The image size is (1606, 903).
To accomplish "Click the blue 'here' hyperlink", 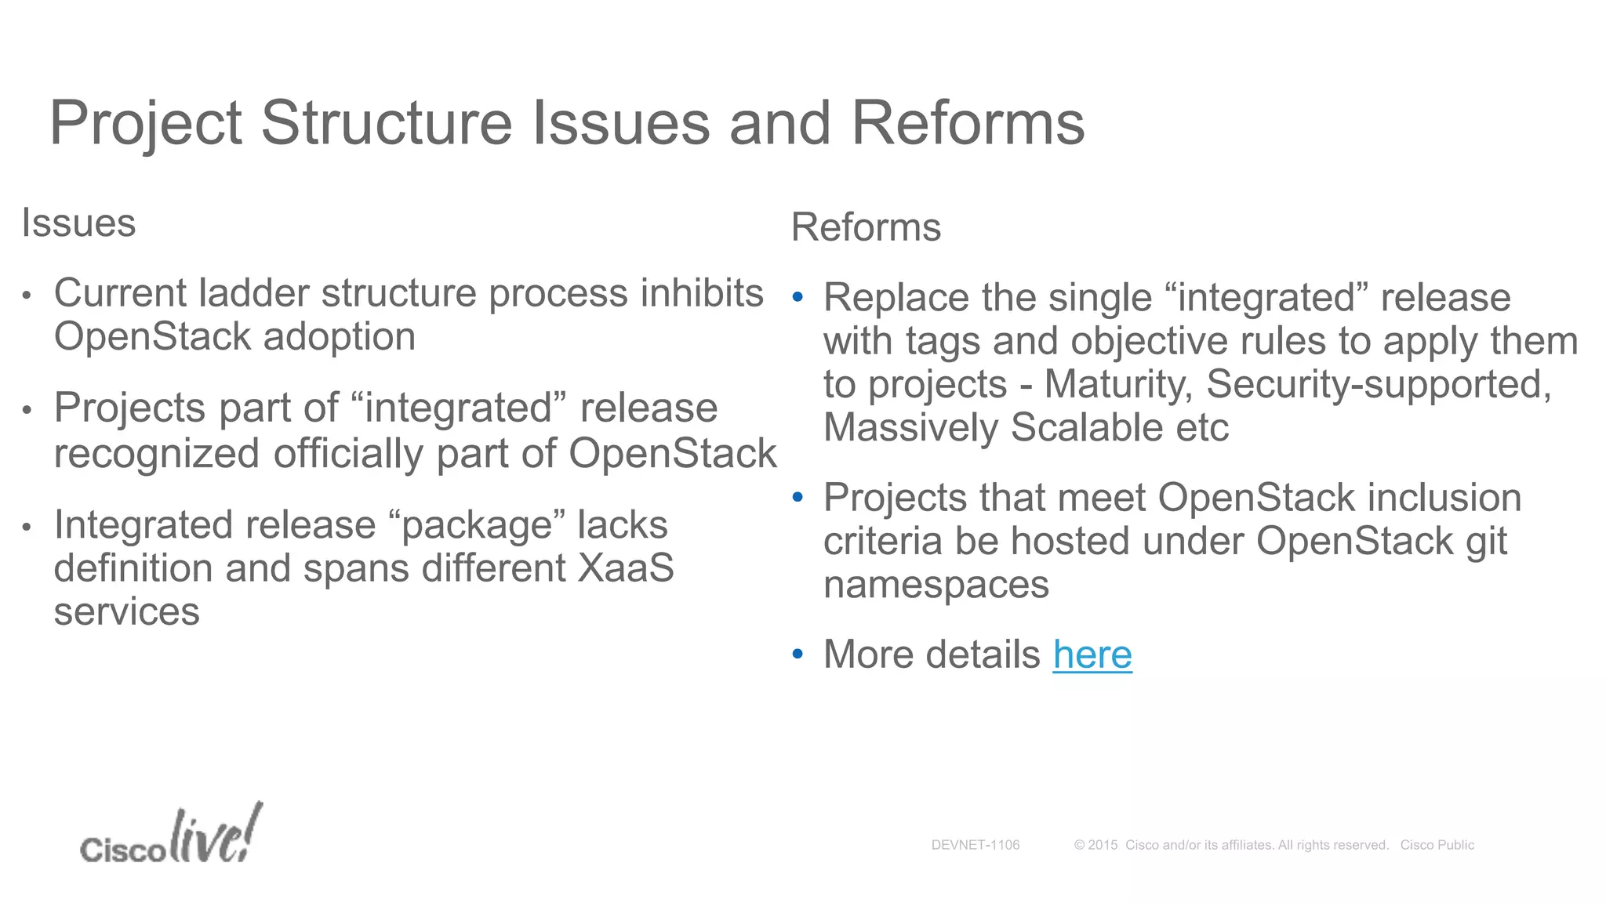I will (x=1092, y=655).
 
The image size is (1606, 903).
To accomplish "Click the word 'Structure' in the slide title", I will (x=386, y=123).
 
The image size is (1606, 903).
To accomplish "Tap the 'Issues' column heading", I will (x=78, y=223).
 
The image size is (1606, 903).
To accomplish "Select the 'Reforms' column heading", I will (x=866, y=228).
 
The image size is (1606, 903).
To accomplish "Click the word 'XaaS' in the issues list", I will (x=625, y=568).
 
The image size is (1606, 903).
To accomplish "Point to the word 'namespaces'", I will (x=936, y=585).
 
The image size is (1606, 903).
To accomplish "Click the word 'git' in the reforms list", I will (x=1486, y=542).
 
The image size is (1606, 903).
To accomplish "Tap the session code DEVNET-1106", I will (x=975, y=845).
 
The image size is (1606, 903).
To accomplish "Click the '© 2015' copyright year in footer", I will (x=1095, y=845).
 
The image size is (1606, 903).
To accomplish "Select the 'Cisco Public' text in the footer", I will (x=1437, y=845).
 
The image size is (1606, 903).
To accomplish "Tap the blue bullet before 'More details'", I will (x=798, y=654).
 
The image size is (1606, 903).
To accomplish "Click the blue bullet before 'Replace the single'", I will (x=798, y=297).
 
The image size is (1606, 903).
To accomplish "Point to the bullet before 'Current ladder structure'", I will (x=27, y=296).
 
